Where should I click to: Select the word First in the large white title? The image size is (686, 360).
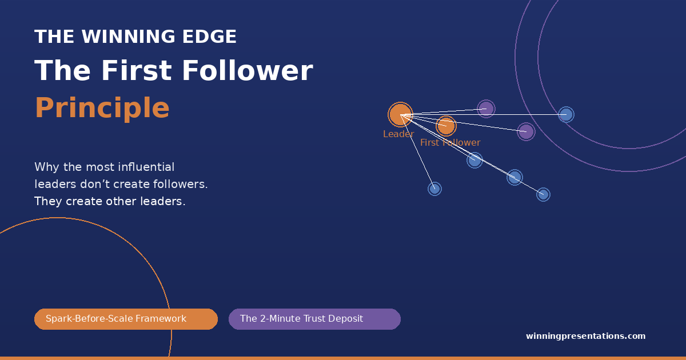click(x=139, y=71)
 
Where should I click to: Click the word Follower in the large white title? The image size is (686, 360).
click(x=248, y=71)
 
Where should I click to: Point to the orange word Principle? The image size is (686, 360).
click(x=102, y=107)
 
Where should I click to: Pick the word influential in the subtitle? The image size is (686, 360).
click(x=146, y=167)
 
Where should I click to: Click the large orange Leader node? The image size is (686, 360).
click(x=400, y=114)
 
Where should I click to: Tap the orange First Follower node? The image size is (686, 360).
click(x=446, y=126)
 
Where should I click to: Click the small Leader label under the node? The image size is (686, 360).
click(x=398, y=134)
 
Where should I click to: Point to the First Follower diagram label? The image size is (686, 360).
click(x=450, y=143)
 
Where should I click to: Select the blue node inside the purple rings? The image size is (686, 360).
click(x=566, y=114)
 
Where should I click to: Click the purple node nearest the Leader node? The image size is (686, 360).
click(x=486, y=109)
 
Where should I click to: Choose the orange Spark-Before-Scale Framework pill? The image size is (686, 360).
click(x=126, y=319)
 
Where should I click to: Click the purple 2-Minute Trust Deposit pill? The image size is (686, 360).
click(x=314, y=319)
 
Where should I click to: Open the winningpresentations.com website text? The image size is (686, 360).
click(x=585, y=336)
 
